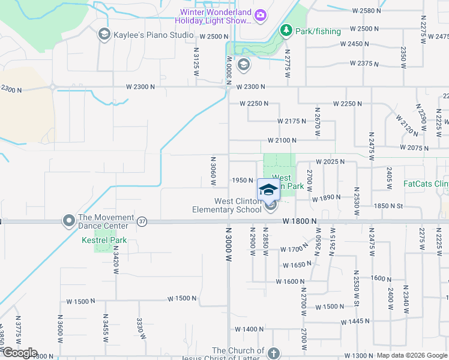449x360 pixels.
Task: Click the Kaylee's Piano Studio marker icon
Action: pos(104,34)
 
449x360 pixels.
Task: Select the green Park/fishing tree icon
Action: pos(286,31)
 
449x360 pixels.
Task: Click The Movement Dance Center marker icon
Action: pos(68,221)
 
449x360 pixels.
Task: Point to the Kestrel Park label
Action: pos(100,241)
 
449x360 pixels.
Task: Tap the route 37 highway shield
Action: pos(142,221)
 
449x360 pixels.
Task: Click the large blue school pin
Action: pos(268,190)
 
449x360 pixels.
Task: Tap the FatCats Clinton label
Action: pos(426,184)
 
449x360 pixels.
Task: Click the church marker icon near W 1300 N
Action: pos(274,353)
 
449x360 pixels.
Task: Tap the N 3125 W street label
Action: pos(196,61)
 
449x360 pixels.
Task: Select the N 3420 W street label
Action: pos(115,260)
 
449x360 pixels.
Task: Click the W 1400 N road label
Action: pos(250,329)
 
